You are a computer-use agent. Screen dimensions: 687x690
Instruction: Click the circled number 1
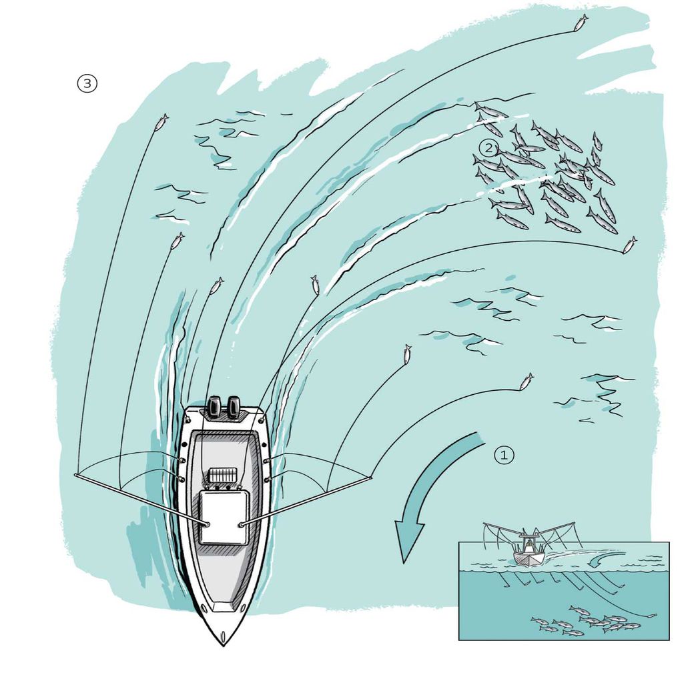coord(504,455)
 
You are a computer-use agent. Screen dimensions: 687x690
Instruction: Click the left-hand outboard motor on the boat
coord(215,406)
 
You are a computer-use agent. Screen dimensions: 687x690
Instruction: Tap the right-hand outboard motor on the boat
coord(234,406)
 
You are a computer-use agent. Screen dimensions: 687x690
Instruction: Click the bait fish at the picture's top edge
coord(581,22)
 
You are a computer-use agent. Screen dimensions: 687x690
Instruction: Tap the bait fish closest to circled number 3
coord(161,122)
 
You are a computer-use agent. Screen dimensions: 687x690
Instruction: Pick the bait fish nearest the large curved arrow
coord(527,381)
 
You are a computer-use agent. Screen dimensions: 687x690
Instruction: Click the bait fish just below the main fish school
coord(629,245)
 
